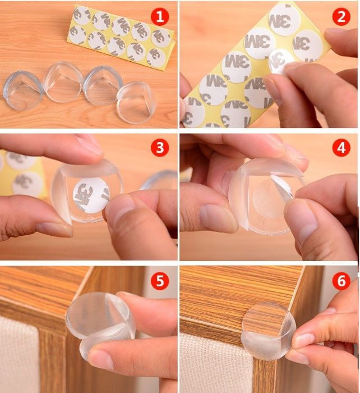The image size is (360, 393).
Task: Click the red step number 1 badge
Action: point(160,16)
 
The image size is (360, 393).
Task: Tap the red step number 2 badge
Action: point(341,16)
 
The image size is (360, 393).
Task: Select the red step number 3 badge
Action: point(160,148)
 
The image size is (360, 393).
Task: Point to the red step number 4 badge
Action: point(341,148)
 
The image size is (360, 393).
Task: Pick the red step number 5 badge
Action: point(160,281)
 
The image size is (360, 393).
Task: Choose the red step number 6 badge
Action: point(341,281)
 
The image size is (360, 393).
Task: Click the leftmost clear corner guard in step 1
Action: point(23,90)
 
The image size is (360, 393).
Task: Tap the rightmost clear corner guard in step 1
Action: point(136,102)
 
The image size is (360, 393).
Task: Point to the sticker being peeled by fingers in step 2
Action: point(280,61)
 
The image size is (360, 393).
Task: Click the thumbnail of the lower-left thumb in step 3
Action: point(56,229)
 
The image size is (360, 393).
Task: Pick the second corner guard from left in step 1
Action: point(63,81)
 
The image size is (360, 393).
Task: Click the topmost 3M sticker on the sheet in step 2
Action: point(284,20)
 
